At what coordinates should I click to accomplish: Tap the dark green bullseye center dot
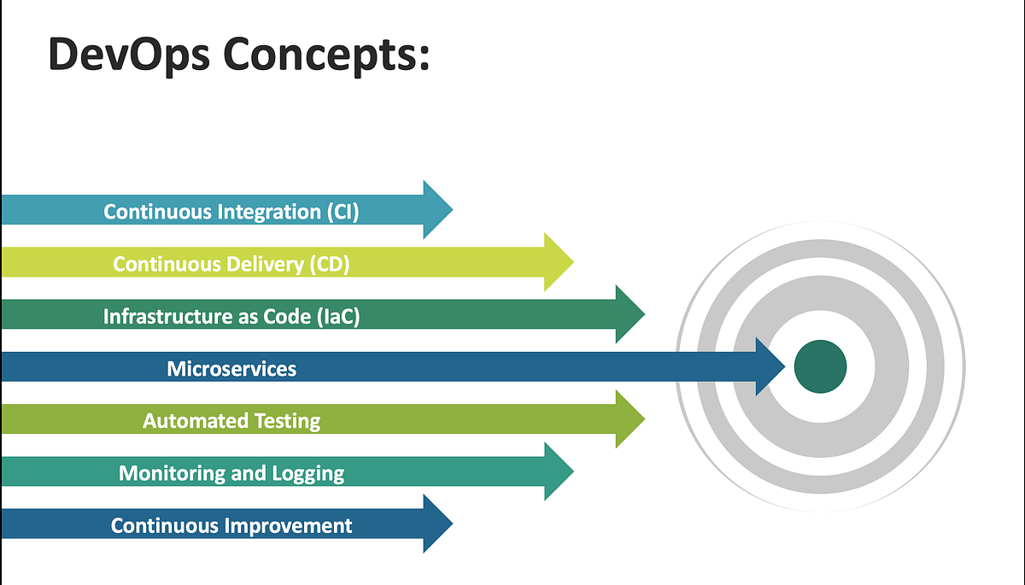click(x=820, y=366)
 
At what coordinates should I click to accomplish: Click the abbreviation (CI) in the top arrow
click(x=343, y=212)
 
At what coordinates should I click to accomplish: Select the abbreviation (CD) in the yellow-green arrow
click(x=329, y=264)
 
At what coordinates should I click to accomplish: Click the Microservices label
click(x=231, y=368)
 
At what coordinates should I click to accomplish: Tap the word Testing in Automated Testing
click(x=287, y=421)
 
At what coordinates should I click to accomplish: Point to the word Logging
click(x=307, y=473)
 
